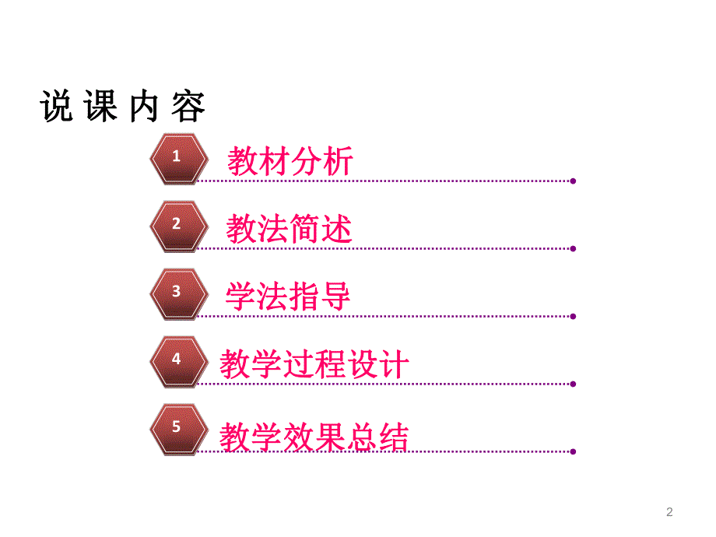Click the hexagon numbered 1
tap(178, 157)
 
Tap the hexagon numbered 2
tap(178, 225)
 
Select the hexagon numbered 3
tap(178, 293)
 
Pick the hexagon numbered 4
tap(178, 360)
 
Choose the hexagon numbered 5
tap(178, 428)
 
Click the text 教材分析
tap(290, 161)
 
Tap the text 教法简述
tap(290, 230)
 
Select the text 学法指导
tap(289, 297)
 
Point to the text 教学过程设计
tap(314, 364)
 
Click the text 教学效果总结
tap(314, 437)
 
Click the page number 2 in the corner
tap(669, 511)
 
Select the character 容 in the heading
tap(188, 107)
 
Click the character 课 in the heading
tap(100, 107)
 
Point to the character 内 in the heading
tap(145, 107)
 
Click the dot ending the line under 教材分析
tap(573, 181)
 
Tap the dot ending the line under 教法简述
tap(573, 248)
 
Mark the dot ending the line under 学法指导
tap(573, 316)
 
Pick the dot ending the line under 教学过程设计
tap(573, 384)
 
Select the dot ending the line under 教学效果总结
tap(573, 451)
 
